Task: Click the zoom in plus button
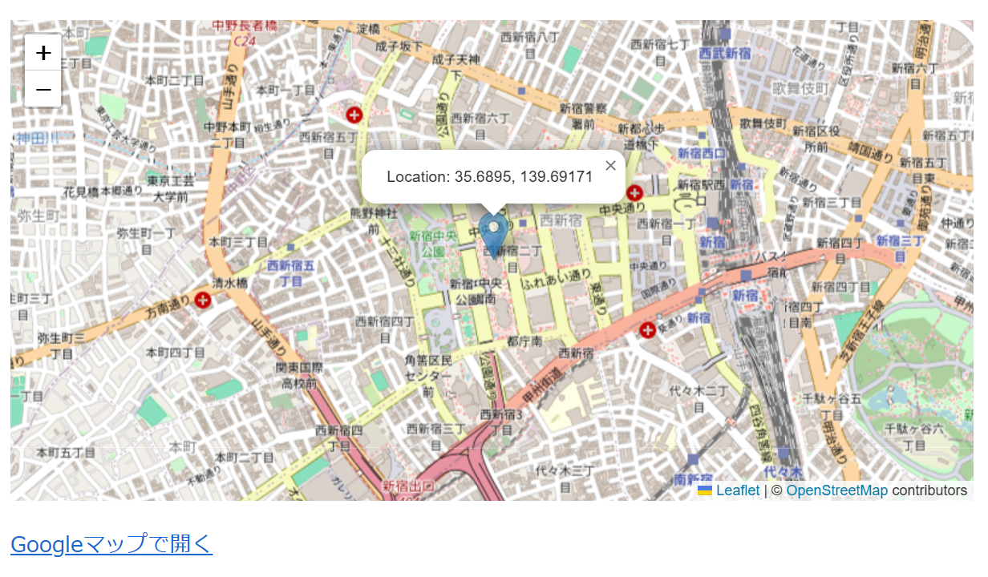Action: [43, 53]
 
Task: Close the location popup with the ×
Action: [610, 166]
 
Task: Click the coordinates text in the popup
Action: [489, 177]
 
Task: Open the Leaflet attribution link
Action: [737, 490]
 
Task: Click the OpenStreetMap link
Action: [836, 490]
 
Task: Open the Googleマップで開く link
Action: [111, 544]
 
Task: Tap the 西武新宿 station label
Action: [724, 54]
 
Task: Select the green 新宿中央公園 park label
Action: [433, 243]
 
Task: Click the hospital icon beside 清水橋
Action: [204, 300]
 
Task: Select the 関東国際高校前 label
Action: [298, 375]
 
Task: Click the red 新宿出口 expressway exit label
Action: [408, 486]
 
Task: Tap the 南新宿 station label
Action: [693, 479]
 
